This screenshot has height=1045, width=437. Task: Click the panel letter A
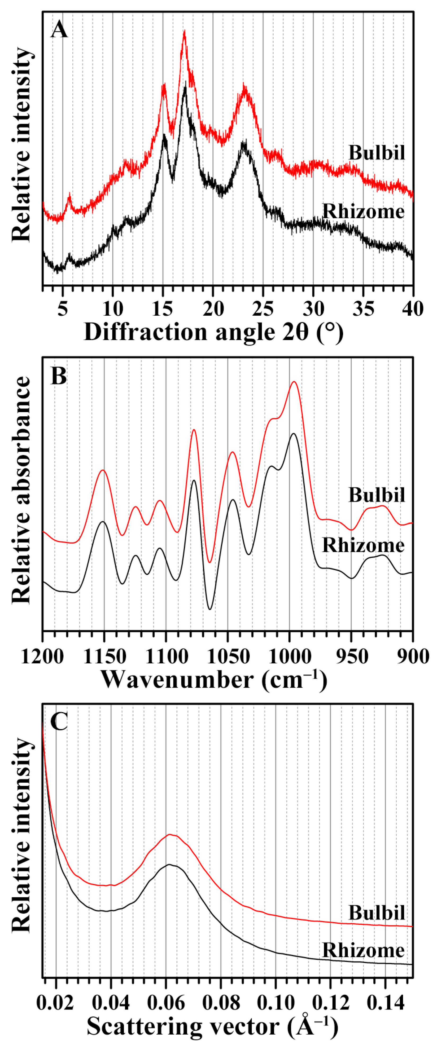point(59,30)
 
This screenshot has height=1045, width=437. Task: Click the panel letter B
point(59,376)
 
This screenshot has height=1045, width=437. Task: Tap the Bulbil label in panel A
point(377,153)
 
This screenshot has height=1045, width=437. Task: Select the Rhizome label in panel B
point(363,545)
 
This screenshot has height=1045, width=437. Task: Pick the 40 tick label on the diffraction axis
point(413,309)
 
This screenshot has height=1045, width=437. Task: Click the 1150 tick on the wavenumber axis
point(104,656)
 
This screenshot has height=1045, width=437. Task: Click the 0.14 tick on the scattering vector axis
point(385,1002)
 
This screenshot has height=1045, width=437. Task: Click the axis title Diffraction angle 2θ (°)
point(213,332)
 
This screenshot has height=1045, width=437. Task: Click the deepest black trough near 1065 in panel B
point(209,609)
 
